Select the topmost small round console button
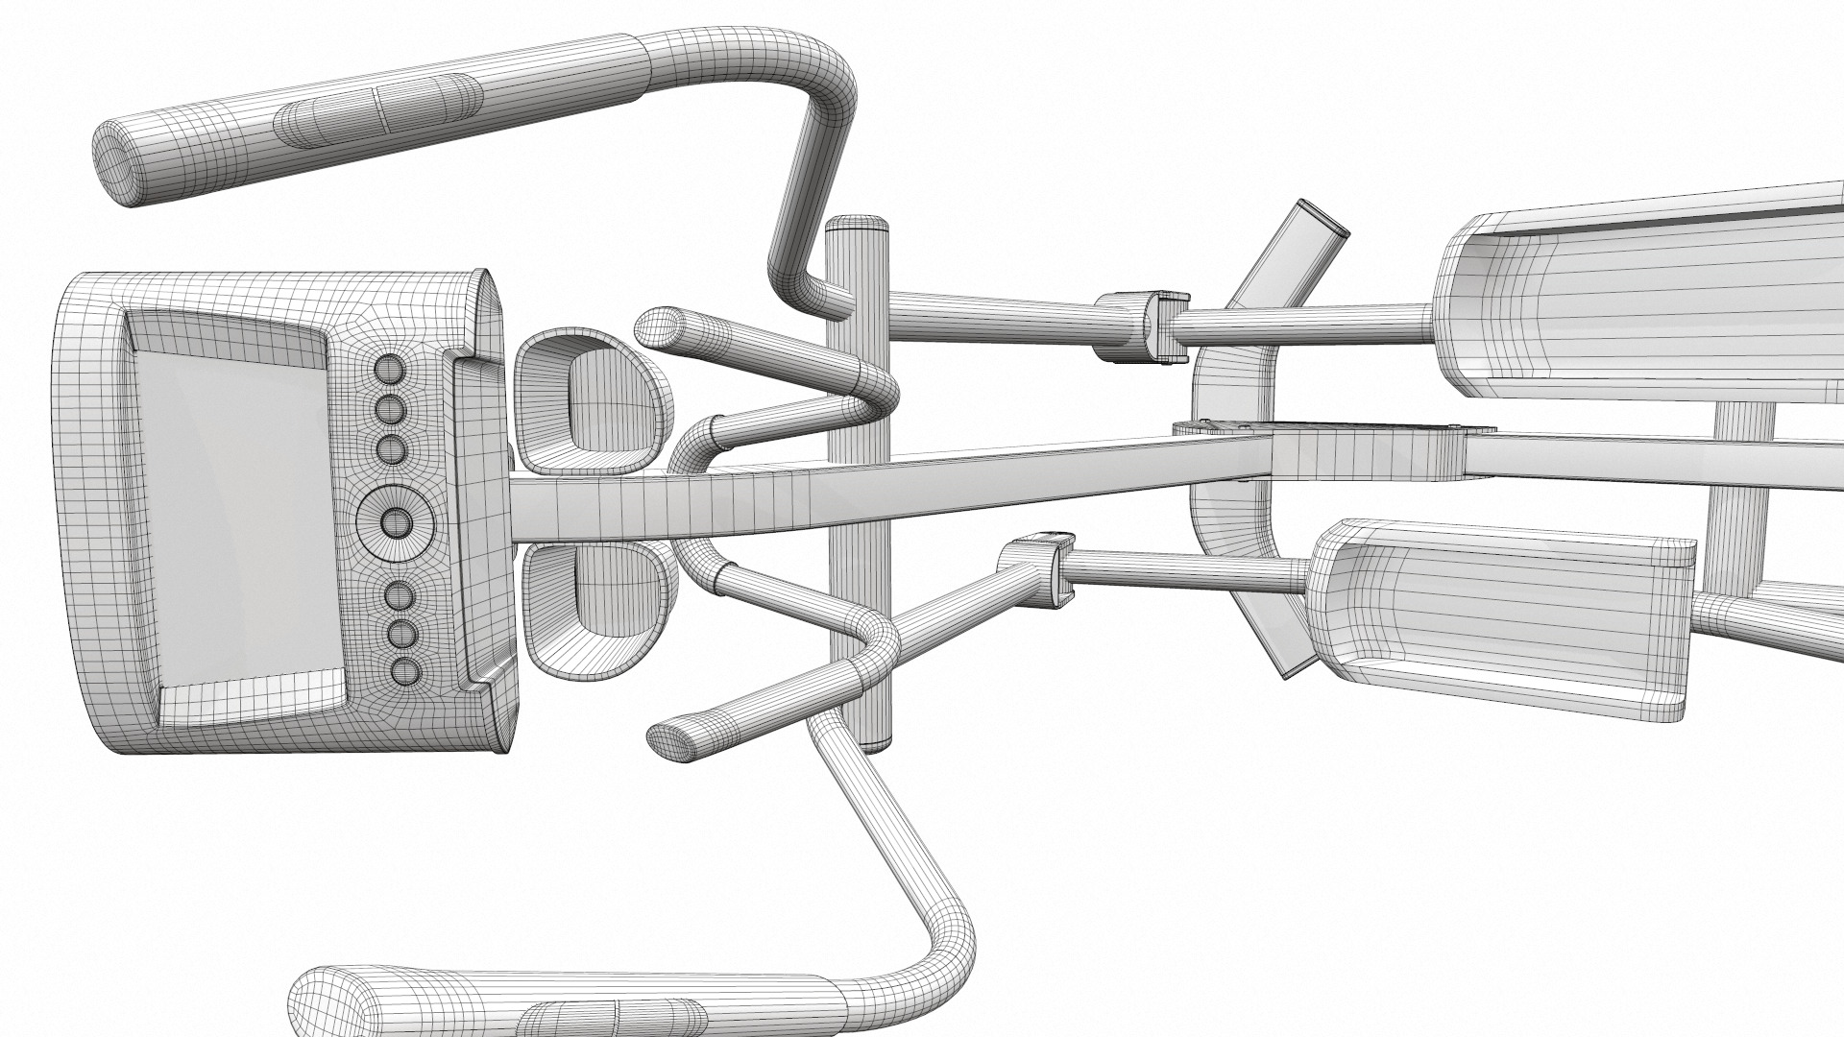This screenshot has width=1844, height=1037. pos(390,368)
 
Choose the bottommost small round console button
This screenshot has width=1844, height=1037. pos(404,669)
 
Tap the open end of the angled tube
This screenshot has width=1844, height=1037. pos(1320,220)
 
